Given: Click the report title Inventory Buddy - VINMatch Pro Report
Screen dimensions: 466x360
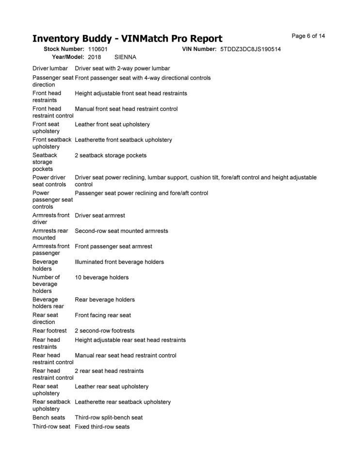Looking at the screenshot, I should point(127,39).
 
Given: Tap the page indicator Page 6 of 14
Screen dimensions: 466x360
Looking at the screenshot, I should point(308,36).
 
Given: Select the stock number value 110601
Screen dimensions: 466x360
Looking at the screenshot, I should point(98,50).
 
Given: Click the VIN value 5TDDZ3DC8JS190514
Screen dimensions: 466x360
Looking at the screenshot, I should point(250,50).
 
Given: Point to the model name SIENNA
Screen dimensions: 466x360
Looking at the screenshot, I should point(125,57).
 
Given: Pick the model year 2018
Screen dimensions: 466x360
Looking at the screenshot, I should point(95,57).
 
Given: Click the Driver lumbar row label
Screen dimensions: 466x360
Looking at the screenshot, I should point(50,68).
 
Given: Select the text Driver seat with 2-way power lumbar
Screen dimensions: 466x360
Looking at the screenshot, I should point(122,68).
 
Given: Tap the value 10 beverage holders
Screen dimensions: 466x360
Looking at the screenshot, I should point(101,278).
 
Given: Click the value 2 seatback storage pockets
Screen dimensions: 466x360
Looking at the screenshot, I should point(110,156).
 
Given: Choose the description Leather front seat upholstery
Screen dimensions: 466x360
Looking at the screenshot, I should point(112,125).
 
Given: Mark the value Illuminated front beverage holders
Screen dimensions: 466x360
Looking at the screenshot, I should point(119,262).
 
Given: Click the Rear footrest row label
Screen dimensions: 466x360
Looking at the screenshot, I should point(49,331).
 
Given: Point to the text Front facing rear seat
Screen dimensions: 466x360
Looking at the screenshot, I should point(102,316).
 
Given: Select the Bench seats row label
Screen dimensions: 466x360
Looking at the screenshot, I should point(49,417).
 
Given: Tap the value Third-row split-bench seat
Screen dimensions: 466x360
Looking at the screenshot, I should point(109,417).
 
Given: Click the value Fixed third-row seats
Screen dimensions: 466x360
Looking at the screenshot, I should point(102,427).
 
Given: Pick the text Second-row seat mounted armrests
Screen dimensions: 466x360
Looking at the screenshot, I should point(121,231).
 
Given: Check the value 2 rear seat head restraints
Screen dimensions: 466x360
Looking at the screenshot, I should point(109,371).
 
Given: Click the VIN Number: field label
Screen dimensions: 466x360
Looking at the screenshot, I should point(199,50).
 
